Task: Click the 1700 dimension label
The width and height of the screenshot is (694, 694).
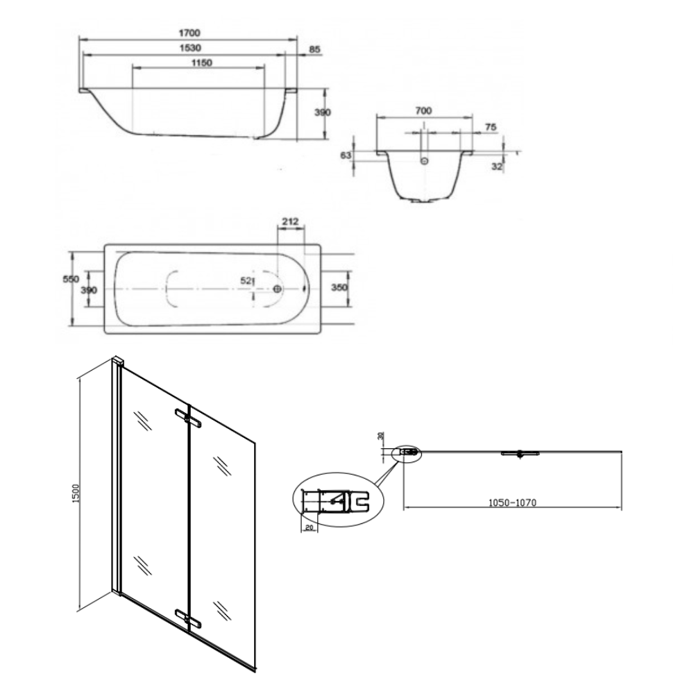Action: (189, 33)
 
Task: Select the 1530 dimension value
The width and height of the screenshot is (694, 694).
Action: (190, 48)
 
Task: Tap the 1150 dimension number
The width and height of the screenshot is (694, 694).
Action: (201, 63)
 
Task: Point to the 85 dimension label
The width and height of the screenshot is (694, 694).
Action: (314, 49)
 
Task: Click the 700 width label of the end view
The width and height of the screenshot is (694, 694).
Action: (423, 110)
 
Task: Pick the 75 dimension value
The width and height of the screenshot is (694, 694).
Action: (491, 128)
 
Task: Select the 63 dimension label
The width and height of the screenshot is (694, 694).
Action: (346, 155)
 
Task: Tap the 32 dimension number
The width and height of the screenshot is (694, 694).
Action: (497, 167)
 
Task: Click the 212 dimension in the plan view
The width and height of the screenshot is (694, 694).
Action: (290, 221)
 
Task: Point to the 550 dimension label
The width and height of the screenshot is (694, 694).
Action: (71, 279)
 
